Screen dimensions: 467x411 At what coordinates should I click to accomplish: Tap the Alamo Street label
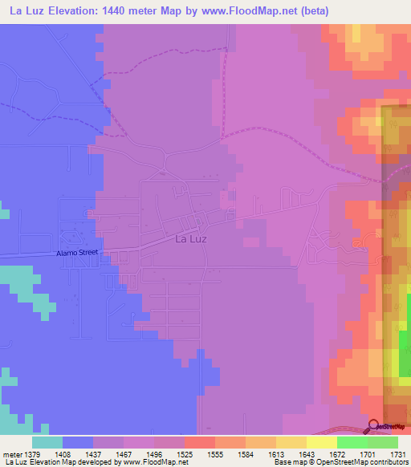tap(76, 252)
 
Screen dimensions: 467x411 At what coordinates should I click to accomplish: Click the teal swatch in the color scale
tap(47, 441)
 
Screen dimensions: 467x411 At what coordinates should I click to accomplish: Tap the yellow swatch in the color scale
tap(322, 441)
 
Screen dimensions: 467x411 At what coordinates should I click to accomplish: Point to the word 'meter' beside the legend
tap(12, 453)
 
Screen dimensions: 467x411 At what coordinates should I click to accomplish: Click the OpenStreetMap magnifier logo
tap(373, 426)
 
